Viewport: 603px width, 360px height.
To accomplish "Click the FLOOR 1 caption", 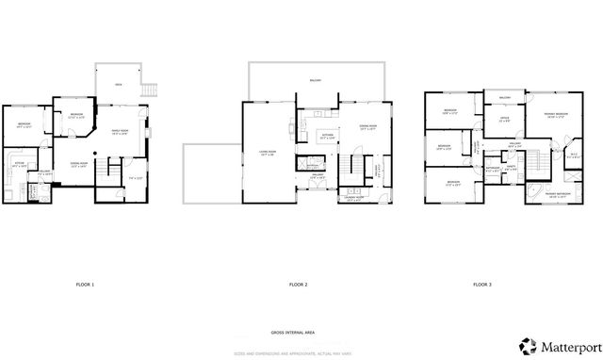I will [85, 285].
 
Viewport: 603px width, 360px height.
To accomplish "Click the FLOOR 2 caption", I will [299, 285].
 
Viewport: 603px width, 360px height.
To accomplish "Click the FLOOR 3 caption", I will [482, 285].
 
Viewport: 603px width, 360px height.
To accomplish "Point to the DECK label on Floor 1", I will [119, 85].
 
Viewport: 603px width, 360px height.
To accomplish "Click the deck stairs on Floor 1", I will [147, 90].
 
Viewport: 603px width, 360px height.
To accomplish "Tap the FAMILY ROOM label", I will [122, 131].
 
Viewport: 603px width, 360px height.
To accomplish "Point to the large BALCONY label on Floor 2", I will [315, 81].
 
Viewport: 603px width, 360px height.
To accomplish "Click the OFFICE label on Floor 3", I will [504, 120].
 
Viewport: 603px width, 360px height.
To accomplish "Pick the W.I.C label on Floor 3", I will [574, 155].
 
